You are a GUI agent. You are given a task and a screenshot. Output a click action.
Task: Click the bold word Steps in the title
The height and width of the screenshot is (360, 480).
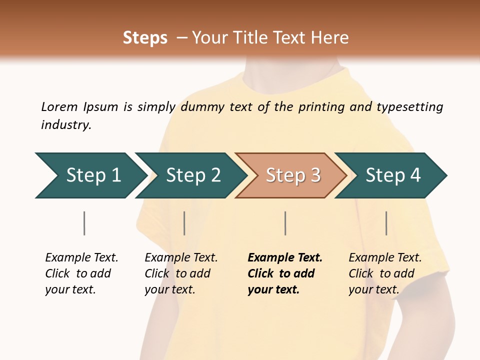(145, 38)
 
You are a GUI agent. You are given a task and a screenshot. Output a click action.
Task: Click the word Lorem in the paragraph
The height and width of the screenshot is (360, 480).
(59, 107)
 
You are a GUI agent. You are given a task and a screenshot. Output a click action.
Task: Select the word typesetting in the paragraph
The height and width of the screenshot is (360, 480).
(409, 107)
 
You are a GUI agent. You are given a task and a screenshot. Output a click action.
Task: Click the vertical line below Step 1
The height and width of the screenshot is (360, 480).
(84, 223)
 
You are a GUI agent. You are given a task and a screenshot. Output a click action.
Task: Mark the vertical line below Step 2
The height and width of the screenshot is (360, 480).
(184, 223)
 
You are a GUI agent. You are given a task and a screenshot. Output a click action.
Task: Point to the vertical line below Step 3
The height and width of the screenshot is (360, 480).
(285, 223)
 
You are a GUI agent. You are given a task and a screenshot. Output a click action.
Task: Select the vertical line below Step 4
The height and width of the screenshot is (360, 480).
(386, 223)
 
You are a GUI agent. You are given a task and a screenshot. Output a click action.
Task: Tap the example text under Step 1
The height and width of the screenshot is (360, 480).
(81, 273)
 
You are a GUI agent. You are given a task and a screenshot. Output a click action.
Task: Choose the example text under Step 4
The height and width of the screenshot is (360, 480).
(385, 273)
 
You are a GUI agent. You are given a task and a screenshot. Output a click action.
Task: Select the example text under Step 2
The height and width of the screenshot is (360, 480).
(181, 273)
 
